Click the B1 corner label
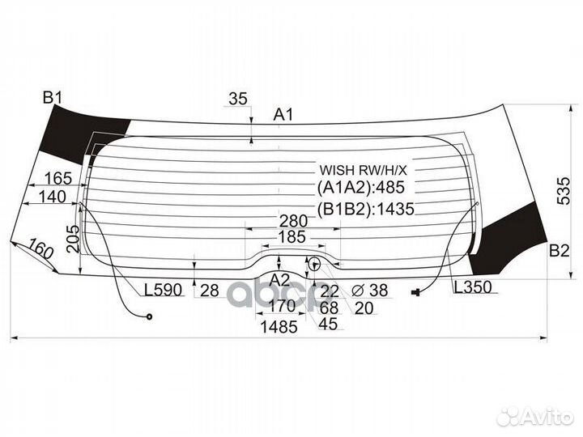pos(53,98)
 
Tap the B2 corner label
pos(560,251)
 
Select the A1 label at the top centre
pos(283,115)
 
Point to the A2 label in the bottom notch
pos(279,280)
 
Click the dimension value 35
pos(238,99)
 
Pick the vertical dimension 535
pos(564,191)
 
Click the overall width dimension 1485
pos(279,327)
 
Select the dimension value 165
pos(57,178)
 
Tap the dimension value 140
pos(53,197)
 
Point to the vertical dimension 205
pos(74,239)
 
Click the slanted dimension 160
pos(40,248)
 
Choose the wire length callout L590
pos(164,290)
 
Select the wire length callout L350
pos(472,286)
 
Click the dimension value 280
pos(293,221)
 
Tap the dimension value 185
pos(291,237)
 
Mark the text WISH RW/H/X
pos(364,170)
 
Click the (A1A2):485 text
pos(360,187)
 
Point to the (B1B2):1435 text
pos(365,210)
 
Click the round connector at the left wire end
pos(149,316)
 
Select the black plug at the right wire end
pos(415,292)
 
